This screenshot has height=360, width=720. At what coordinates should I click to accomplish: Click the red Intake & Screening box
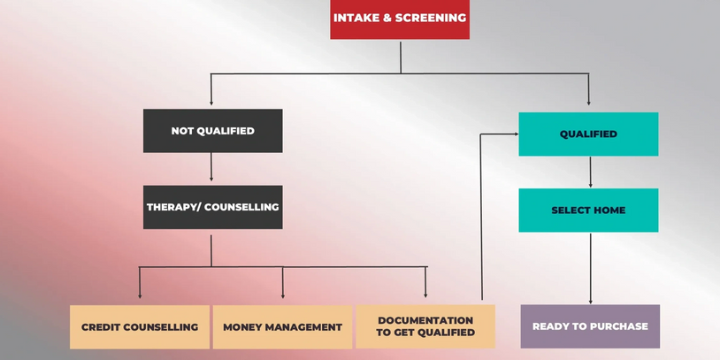point(400,19)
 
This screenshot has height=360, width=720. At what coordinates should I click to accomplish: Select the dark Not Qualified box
point(212,131)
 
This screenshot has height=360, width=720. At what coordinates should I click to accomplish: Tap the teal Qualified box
point(588,134)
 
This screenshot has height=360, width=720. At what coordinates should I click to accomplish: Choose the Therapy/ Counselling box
point(212,207)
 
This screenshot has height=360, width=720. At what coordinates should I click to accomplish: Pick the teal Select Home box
point(588,211)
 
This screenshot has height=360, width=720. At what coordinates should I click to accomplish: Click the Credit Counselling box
point(140,327)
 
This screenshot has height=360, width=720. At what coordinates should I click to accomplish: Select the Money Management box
point(282,327)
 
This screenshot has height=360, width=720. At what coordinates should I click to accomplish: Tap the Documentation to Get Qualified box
point(425,326)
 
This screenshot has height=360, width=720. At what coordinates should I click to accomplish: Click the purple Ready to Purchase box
point(590,326)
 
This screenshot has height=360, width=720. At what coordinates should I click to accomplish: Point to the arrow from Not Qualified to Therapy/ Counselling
point(211,166)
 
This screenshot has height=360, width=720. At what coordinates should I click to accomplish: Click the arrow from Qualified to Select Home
point(591,172)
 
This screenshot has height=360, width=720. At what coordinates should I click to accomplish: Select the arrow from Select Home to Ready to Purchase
point(591,268)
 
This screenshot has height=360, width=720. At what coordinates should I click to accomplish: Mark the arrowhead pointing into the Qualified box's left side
point(516,134)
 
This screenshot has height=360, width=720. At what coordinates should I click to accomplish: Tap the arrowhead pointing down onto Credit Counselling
point(140,295)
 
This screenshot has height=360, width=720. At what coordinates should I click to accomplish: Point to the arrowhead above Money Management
point(282,295)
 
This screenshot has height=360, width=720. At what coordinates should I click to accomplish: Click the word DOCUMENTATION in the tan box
point(425,320)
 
